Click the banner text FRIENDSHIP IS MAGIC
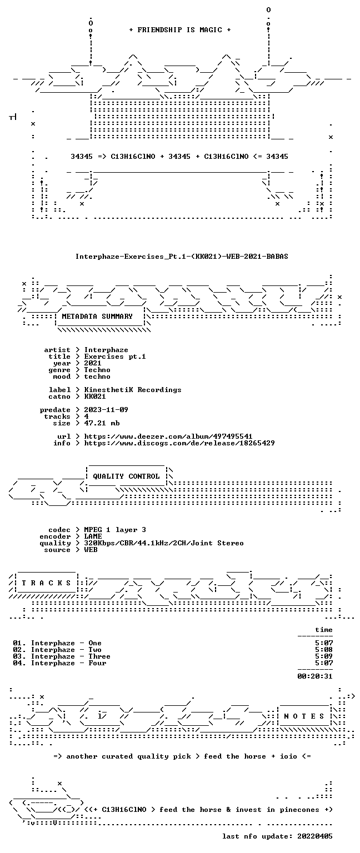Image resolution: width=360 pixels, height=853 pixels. (x=180, y=29)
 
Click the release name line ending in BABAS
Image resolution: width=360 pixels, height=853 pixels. (x=181, y=256)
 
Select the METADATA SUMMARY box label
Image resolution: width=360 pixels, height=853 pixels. (x=97, y=317)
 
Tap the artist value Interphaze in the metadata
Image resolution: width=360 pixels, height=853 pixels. (x=106, y=350)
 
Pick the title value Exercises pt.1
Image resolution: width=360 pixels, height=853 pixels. (x=115, y=357)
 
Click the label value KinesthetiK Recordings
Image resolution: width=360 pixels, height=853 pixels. (x=133, y=390)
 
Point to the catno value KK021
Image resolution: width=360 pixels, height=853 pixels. (x=95, y=397)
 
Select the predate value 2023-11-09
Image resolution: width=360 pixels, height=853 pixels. (x=106, y=410)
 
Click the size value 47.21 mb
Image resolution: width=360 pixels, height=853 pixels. (x=102, y=423)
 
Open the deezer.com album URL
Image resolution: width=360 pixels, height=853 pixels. (x=168, y=436)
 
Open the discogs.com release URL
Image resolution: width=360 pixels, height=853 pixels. (x=179, y=443)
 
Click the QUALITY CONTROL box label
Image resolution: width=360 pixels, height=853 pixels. (x=126, y=476)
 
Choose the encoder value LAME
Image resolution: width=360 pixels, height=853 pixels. (x=93, y=536)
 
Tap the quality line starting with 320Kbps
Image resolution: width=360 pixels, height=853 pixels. (x=164, y=543)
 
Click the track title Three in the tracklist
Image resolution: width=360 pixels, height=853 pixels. (x=99, y=656)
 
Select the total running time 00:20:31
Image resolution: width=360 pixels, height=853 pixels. (x=315, y=676)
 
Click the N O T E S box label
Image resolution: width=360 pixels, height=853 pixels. (x=304, y=716)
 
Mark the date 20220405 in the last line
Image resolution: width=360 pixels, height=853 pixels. (x=314, y=836)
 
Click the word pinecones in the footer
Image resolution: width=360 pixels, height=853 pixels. (x=300, y=810)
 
